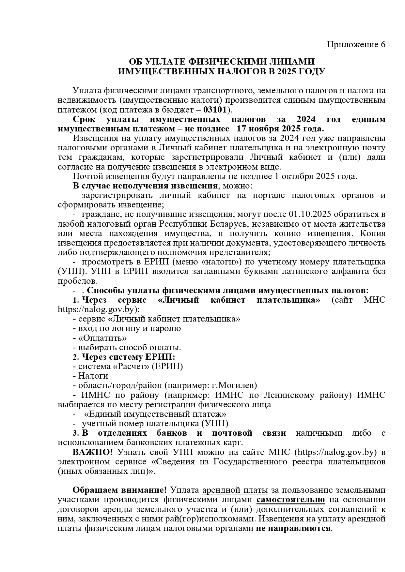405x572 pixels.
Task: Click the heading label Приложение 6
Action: [x=356, y=45]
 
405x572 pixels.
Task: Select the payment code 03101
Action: [x=215, y=109]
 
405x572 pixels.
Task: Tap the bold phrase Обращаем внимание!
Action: [x=119, y=490]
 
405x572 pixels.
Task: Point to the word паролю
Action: [x=167, y=328]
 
